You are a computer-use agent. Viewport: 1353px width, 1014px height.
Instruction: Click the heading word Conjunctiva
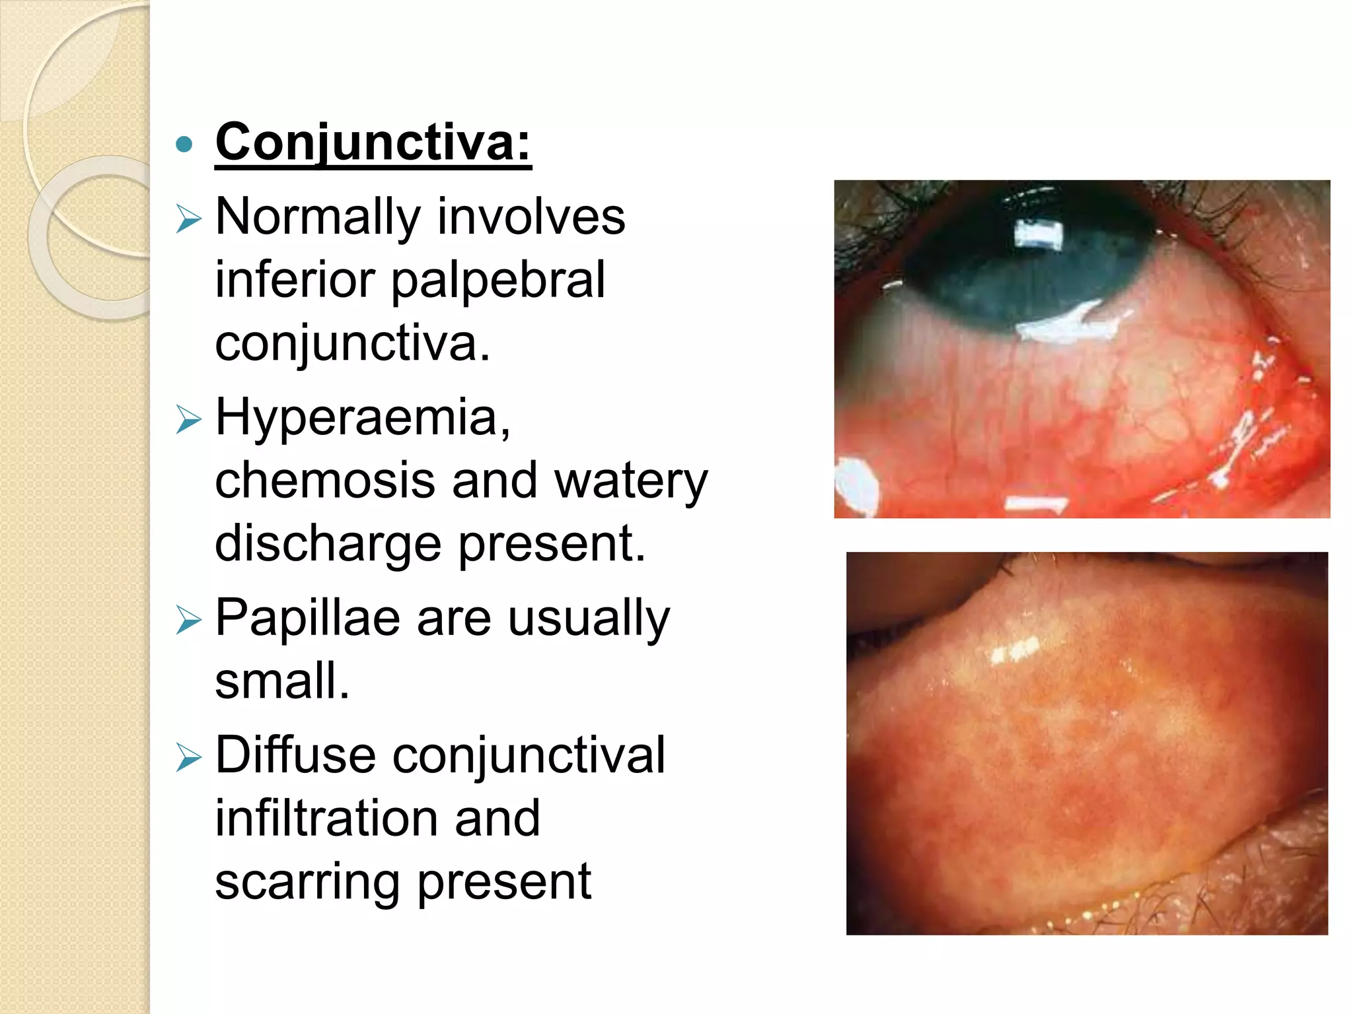click(x=373, y=142)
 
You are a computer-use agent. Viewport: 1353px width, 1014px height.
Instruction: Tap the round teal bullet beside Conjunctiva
click(x=185, y=144)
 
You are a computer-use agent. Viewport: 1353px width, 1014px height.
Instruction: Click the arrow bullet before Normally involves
click(x=188, y=219)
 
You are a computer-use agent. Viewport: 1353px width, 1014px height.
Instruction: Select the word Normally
click(x=318, y=218)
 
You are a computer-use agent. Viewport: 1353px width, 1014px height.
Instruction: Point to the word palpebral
click(x=498, y=280)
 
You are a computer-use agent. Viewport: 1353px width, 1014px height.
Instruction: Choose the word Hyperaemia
click(x=363, y=418)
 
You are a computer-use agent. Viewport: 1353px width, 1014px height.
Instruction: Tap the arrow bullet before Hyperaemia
click(x=188, y=419)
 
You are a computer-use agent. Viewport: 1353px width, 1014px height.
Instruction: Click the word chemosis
click(x=325, y=481)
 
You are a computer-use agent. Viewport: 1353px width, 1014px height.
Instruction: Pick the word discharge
click(x=328, y=544)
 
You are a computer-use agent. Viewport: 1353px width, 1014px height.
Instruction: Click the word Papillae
click(x=308, y=619)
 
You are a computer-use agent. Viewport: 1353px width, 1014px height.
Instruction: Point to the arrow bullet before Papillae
click(x=188, y=621)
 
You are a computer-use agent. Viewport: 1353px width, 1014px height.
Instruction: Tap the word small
click(x=281, y=681)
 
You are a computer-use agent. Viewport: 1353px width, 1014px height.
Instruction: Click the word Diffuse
click(x=295, y=755)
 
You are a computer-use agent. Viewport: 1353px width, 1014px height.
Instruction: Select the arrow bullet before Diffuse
click(x=188, y=758)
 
